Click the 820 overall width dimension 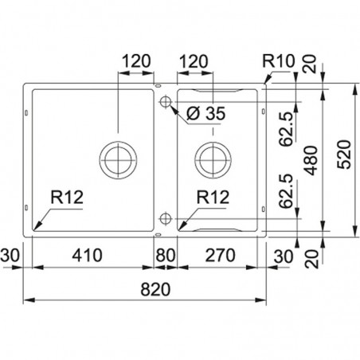155,289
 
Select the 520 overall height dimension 344,155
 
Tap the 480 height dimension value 311,160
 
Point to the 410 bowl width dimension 88,255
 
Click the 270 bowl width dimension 221,255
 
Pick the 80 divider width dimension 166,255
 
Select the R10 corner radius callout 279,61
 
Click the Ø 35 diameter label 206,113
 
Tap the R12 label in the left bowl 67,198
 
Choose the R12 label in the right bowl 213,198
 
